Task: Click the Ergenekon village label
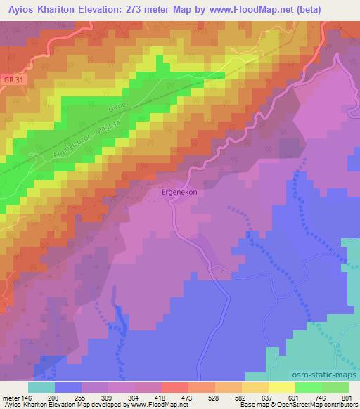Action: pos(173,190)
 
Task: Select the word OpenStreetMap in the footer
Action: pos(289,405)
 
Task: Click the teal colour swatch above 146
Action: pos(41,387)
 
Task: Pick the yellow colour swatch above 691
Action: pos(281,387)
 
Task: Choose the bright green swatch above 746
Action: pos(308,387)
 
